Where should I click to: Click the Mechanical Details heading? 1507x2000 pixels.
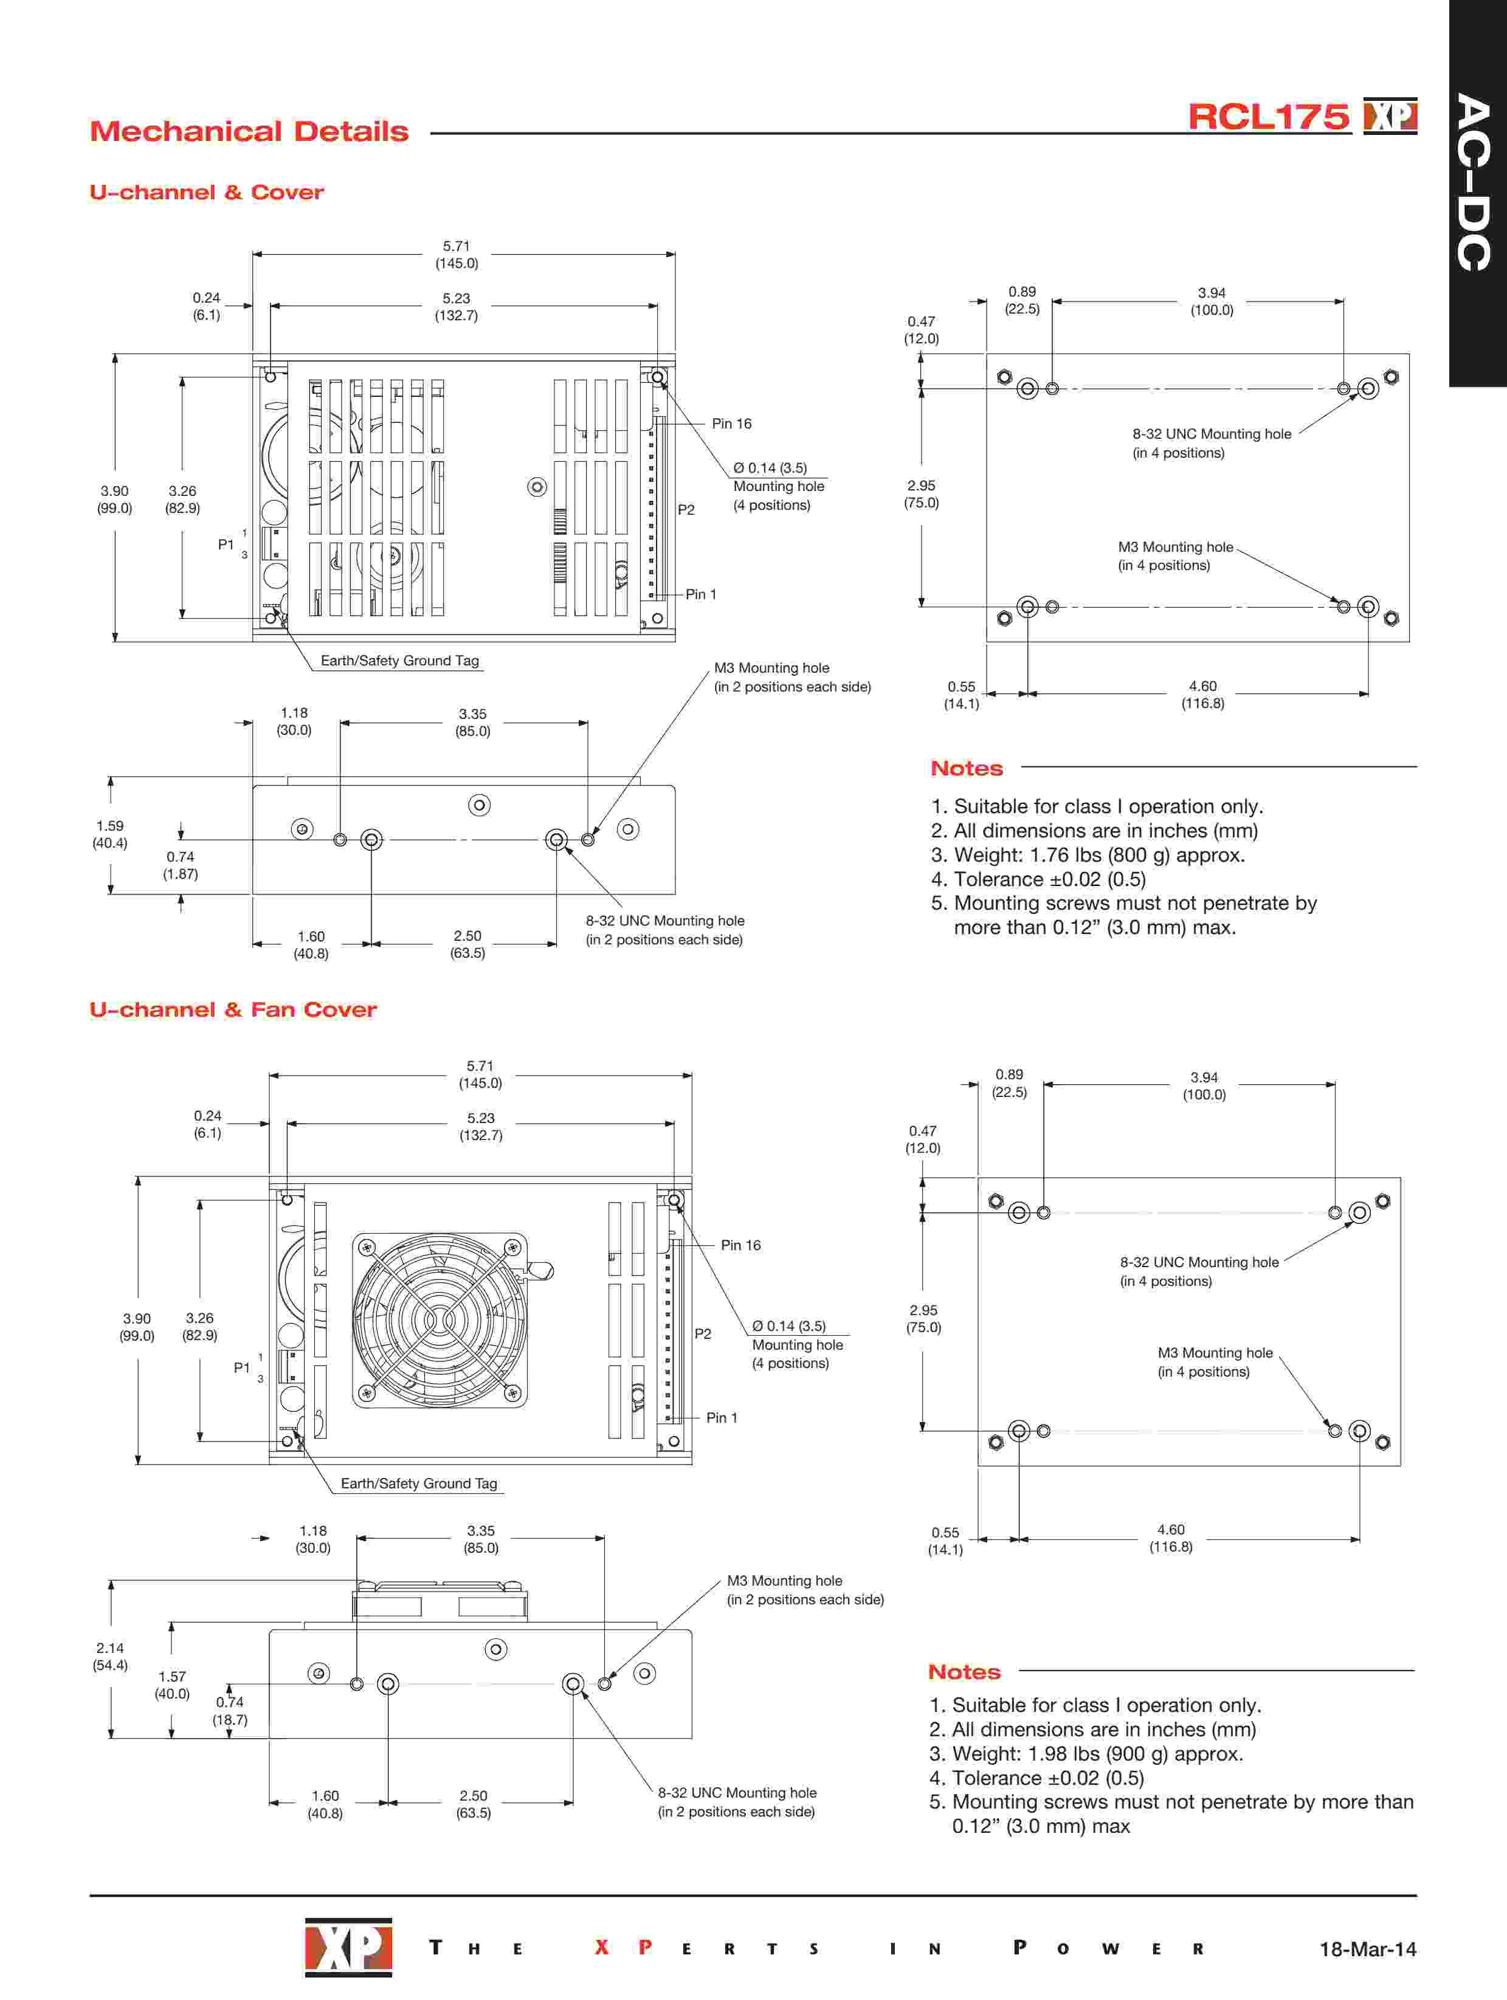click(x=249, y=132)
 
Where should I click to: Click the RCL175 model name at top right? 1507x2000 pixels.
click(x=1267, y=117)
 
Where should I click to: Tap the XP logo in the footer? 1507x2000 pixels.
click(x=348, y=1947)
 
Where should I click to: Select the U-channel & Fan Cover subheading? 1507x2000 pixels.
click(x=232, y=1010)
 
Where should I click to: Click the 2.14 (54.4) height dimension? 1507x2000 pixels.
click(x=111, y=1657)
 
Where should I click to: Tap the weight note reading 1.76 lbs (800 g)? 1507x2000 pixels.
click(x=1099, y=855)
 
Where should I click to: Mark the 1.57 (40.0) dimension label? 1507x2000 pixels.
click(x=172, y=1685)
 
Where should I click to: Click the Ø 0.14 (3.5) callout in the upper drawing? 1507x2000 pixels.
click(x=770, y=469)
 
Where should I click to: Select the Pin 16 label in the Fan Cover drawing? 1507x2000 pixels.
click(x=740, y=1245)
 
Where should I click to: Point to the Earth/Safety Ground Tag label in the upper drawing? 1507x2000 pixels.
click(x=400, y=661)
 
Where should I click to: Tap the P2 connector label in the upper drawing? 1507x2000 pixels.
click(x=686, y=510)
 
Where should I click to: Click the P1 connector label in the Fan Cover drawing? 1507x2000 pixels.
click(x=241, y=1368)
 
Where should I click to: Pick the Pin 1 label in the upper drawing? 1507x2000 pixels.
click(x=700, y=594)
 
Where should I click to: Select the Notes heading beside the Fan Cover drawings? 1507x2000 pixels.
click(x=964, y=1672)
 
